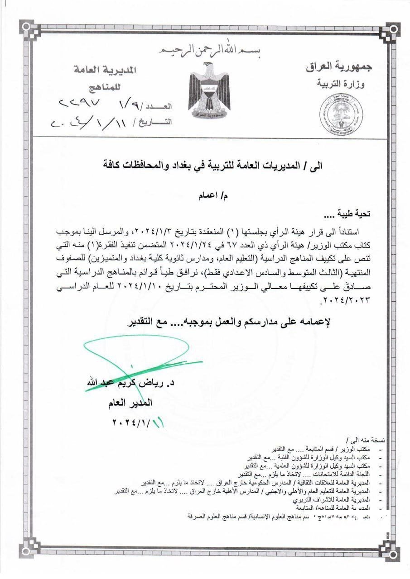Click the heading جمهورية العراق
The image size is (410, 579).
point(339,66)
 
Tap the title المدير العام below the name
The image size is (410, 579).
point(135,403)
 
